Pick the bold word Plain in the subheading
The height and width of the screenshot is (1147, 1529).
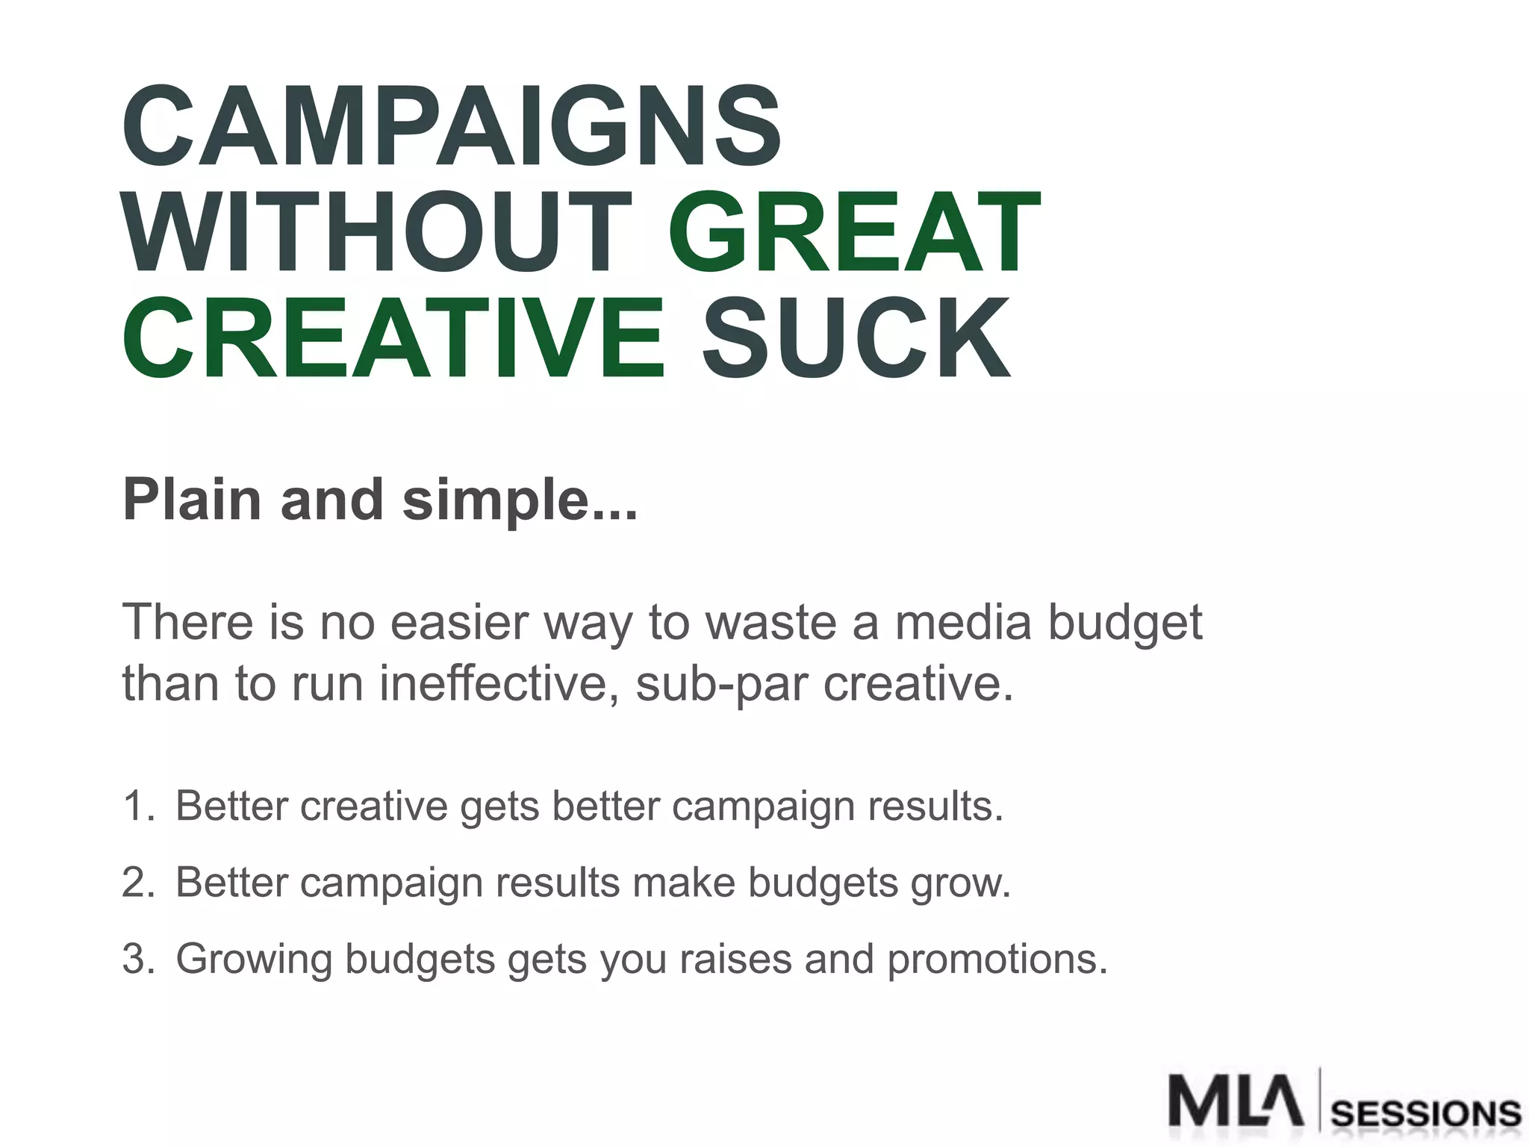click(192, 500)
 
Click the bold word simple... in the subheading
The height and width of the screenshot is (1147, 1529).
click(520, 500)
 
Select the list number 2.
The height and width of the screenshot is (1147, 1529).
click(137, 883)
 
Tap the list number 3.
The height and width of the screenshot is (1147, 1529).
click(137, 959)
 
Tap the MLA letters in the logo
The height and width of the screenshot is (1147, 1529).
click(1235, 1100)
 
